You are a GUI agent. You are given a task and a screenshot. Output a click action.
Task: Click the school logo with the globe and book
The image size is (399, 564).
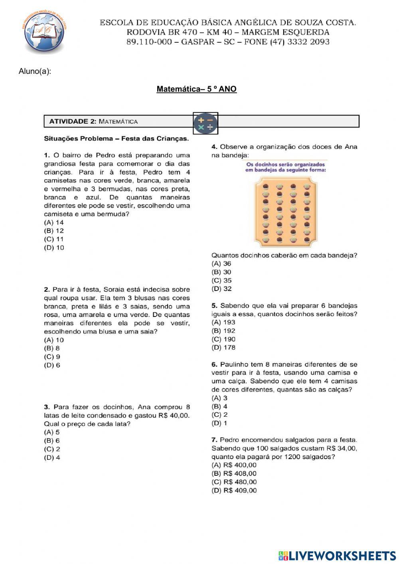tap(43, 33)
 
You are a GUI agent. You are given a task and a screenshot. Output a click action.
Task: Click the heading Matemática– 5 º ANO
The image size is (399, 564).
tap(196, 89)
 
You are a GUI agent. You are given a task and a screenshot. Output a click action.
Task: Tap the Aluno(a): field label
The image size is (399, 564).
tap(35, 71)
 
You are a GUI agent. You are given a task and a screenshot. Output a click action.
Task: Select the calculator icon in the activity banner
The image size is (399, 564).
tap(205, 123)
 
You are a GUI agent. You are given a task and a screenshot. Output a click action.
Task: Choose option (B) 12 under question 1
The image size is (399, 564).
tap(54, 231)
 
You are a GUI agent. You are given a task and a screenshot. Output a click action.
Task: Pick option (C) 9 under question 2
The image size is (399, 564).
tap(52, 357)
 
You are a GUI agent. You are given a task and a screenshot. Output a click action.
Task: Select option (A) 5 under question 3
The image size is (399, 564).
tap(52, 432)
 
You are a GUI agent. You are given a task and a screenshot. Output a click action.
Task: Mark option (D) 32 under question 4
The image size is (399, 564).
tap(221, 289)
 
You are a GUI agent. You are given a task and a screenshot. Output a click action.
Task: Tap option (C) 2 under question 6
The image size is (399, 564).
tap(219, 415)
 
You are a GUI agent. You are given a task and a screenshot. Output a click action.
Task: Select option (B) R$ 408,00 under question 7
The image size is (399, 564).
tap(234, 474)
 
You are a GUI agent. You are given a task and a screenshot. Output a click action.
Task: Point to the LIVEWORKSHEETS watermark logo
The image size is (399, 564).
tap(337, 555)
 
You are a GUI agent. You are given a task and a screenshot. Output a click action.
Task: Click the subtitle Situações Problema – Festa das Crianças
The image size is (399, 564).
tap(116, 139)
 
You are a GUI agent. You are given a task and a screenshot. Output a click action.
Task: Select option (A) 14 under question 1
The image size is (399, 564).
tap(54, 222)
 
